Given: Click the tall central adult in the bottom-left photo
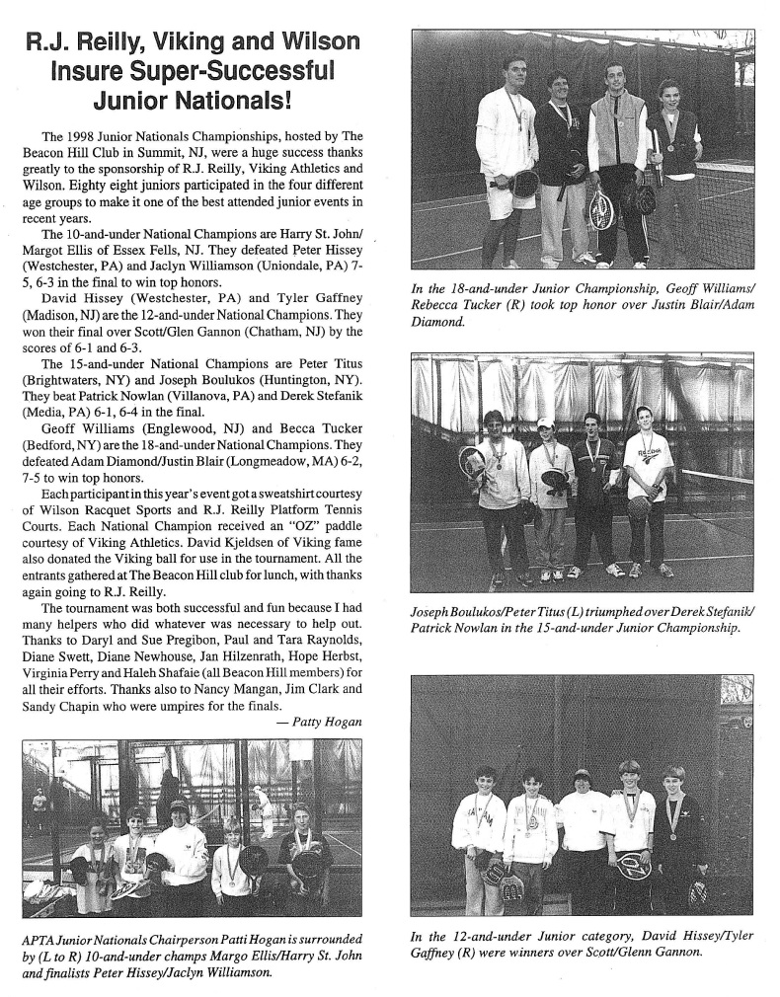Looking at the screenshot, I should click(181, 849).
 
